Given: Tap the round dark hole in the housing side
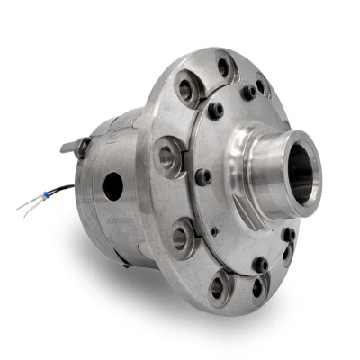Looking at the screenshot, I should [x=113, y=186].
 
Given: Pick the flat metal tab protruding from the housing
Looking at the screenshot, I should [x=70, y=144].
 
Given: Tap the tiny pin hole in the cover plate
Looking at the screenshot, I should [x=215, y=231].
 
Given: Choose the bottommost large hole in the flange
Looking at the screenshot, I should [x=219, y=286].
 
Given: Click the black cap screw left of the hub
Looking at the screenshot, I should [x=204, y=177].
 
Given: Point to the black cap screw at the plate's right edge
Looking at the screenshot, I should [x=289, y=235].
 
